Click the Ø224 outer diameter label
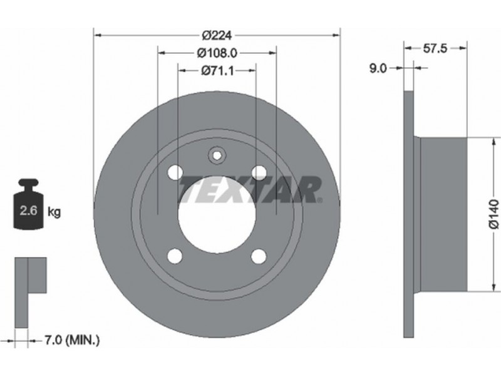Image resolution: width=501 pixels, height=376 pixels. click(x=217, y=35)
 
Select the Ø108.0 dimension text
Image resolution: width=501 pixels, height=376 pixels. click(x=217, y=53)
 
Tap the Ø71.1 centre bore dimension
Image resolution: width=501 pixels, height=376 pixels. click(x=217, y=71)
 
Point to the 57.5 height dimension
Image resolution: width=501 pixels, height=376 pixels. click(x=435, y=49)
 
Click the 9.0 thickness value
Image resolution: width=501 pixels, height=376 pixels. click(x=378, y=68)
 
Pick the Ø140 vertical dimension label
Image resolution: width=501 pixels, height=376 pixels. click(x=494, y=214)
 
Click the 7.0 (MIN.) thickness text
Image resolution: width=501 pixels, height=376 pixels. click(x=71, y=340)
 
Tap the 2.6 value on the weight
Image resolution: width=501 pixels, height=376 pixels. click(x=29, y=211)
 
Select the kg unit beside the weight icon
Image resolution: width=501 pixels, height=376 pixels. click(x=54, y=212)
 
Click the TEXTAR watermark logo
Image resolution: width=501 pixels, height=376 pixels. click(x=250, y=190)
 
